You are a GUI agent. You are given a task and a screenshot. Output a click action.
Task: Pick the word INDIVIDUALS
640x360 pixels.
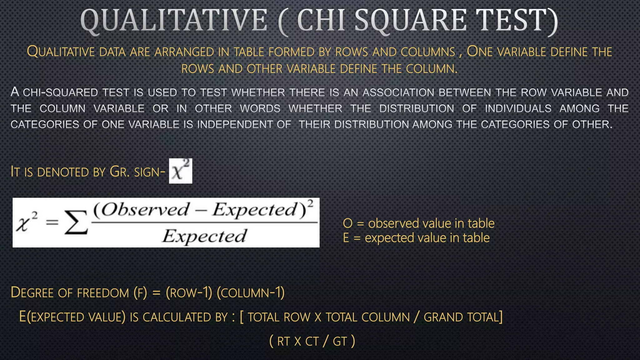[518, 108]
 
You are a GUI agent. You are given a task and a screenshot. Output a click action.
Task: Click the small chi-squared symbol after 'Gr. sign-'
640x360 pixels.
[181, 171]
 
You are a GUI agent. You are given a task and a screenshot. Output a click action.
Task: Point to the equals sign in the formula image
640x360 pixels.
[52, 222]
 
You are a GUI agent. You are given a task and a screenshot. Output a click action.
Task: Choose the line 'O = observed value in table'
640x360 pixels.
[418, 223]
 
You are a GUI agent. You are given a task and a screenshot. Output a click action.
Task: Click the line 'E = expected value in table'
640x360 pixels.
[416, 238]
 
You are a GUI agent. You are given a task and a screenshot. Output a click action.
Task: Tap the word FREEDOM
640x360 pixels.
[103, 293]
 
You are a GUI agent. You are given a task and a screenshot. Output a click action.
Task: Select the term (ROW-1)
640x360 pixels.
[189, 293]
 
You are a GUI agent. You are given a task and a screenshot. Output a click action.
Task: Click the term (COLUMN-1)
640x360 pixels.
[251, 293]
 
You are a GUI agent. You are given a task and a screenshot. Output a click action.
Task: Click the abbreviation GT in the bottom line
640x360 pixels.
[340, 342]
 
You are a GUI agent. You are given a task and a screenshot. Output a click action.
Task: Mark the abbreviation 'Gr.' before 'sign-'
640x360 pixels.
[120, 172]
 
